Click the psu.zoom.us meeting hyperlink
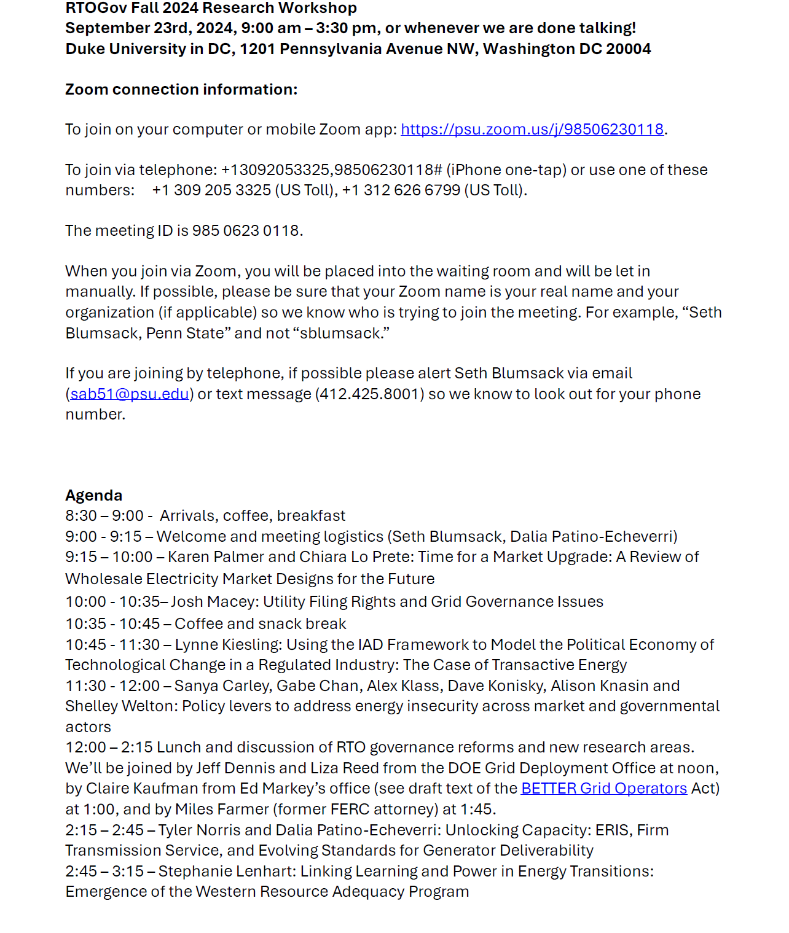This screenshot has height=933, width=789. point(532,130)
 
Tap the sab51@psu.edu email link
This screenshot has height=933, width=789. point(130,394)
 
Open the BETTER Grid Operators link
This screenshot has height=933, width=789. point(603,789)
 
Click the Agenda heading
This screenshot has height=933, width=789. point(94,496)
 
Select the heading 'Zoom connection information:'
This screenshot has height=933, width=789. point(181,90)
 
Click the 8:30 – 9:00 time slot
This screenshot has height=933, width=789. point(104,516)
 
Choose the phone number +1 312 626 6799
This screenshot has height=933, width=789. point(401,190)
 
